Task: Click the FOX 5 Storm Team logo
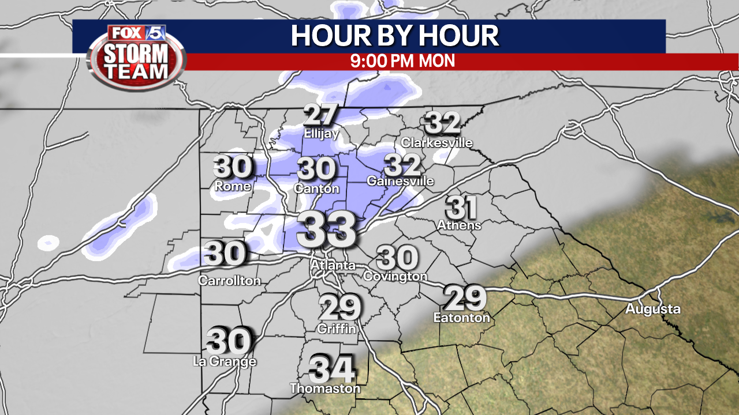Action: pos(136,56)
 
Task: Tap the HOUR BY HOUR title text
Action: pos(395,36)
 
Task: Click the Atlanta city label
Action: pos(333,266)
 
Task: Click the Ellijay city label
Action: pos(321,134)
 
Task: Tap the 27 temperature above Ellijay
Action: pos(320,115)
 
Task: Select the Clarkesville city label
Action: pos(436,142)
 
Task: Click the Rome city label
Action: pos(233,186)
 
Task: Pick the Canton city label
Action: pos(316,188)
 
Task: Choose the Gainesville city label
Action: pos(401,181)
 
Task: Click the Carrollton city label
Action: pos(229,281)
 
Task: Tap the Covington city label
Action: pos(395,276)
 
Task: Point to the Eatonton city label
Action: pos(461,317)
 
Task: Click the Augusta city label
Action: pos(653,310)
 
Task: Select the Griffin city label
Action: pos(337,329)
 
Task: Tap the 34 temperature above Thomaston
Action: pos(331,369)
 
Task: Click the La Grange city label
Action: pos(225,361)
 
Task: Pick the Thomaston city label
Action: pos(325,388)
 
